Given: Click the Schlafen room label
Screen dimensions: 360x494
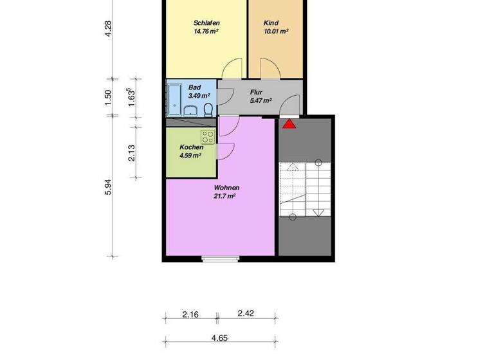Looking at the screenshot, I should coord(206,22).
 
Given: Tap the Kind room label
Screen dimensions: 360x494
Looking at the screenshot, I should coord(271,22).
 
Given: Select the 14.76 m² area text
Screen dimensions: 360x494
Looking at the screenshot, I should coord(206,31).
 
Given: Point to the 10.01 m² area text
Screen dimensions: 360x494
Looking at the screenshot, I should coord(276,31).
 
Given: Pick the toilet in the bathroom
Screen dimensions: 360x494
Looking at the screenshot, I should coord(208,109).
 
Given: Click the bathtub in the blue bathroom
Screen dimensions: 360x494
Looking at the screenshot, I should coord(174,99).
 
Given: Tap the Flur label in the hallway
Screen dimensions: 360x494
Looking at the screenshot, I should coord(256,92).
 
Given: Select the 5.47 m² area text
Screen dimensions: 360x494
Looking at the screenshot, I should coord(261,101).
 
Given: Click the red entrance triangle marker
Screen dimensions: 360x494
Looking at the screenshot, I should coord(289,123).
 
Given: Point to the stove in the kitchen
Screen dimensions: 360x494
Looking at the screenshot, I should coord(207,136).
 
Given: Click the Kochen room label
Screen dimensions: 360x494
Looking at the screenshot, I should coord(191,147).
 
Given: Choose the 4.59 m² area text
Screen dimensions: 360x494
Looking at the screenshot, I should coord(191,156).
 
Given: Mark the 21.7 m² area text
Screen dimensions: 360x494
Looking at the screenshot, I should coord(225,197).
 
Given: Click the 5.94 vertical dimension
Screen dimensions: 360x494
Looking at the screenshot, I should coord(109,187).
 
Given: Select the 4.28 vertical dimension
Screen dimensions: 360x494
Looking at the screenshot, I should coord(109,29).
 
